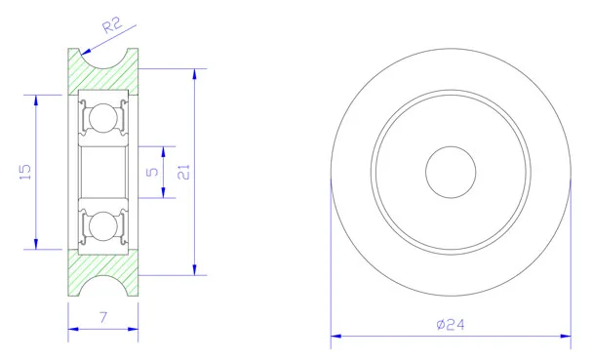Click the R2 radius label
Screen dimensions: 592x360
tap(112, 25)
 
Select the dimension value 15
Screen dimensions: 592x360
tap(25, 172)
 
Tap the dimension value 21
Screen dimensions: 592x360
tap(183, 172)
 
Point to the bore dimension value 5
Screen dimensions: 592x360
tap(152, 172)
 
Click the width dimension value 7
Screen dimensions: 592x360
tap(103, 317)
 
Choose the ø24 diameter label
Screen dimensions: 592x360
tap(451, 324)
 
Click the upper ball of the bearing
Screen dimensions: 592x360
tap(103, 118)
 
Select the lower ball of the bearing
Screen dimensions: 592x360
tap(103, 226)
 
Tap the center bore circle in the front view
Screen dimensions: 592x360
tap(451, 172)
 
